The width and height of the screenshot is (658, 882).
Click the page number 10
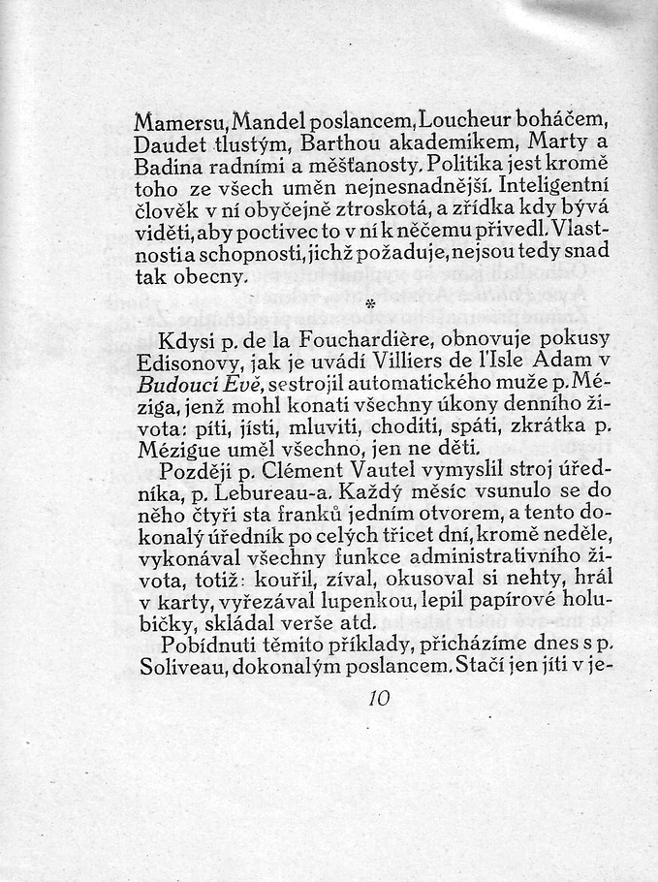[x=379, y=698]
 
